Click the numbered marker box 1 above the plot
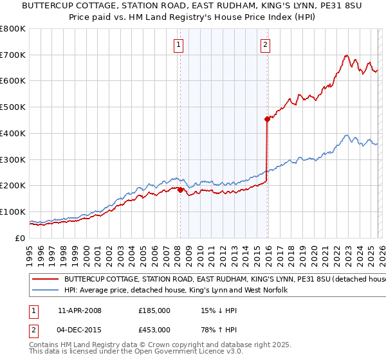(178, 44)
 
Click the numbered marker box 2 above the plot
(265, 44)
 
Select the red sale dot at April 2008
(180, 190)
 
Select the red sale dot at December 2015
(267, 119)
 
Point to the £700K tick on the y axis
(13, 55)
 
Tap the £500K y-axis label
(13, 107)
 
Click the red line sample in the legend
(45, 280)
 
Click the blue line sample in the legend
(45, 291)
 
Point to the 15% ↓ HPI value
(222, 310)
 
